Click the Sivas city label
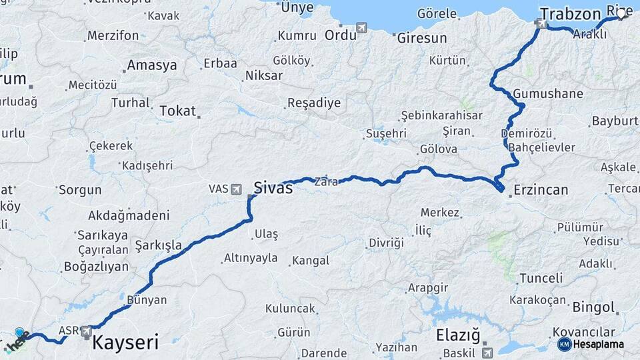(x=273, y=188)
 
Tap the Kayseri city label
(x=125, y=343)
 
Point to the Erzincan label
(x=540, y=190)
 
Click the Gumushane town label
(x=548, y=93)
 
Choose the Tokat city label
(x=177, y=111)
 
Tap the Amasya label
(x=152, y=65)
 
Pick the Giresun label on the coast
(x=422, y=38)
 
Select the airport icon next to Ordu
(x=362, y=28)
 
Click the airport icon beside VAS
(x=236, y=189)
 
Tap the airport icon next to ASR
(x=86, y=331)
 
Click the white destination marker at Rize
(x=621, y=13)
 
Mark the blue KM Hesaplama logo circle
(x=564, y=344)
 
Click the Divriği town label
(x=387, y=243)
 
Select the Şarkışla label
(x=158, y=245)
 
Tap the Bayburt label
(x=615, y=121)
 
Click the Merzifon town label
(x=113, y=35)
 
